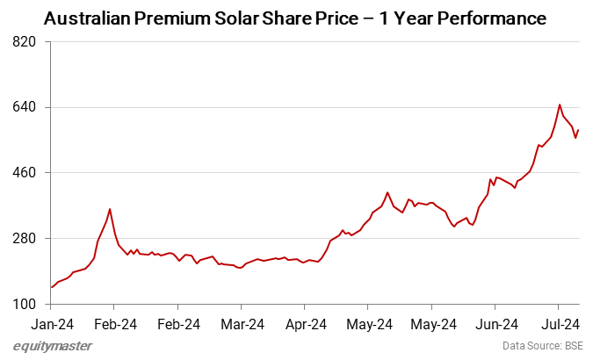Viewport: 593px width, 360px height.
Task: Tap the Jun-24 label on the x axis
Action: pos(494,323)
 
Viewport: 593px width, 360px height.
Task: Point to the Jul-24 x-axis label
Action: pos(558,323)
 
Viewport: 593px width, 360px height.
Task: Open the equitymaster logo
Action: pos(53,346)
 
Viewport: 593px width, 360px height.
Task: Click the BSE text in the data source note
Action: pos(573,346)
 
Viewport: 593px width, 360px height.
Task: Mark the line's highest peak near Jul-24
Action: pos(560,104)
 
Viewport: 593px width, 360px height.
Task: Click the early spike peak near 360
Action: pos(110,209)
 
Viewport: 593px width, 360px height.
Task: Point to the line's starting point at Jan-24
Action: pos(51,287)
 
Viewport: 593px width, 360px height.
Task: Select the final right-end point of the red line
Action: pos(579,130)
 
